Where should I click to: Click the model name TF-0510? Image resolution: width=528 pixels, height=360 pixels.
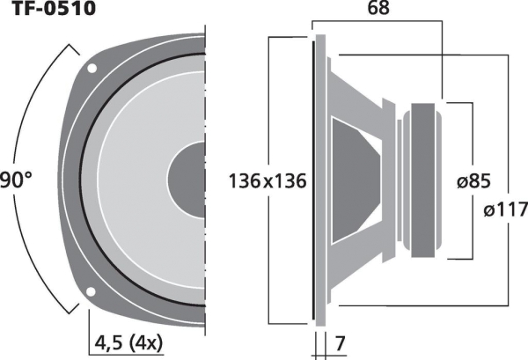coord(53,8)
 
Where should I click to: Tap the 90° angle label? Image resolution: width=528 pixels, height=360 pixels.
coord(16,180)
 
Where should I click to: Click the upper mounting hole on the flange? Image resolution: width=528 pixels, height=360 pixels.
coord(92,69)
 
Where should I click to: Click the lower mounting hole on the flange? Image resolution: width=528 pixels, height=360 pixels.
coord(91,291)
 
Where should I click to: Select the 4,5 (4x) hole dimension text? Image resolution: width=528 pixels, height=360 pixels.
coord(128,343)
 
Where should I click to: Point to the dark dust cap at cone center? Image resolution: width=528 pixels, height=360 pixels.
coord(187,180)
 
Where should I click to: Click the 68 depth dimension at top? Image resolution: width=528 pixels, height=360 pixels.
coord(378,8)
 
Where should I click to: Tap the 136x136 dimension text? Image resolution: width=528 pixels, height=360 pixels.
coord(268,180)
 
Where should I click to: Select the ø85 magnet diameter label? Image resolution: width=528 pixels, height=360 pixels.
coord(473,181)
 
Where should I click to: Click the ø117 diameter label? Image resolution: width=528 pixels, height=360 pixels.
coord(505,209)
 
